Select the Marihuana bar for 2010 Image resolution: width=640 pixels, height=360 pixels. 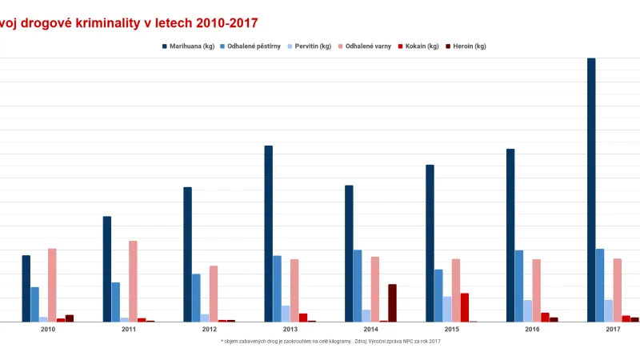[x=26, y=289]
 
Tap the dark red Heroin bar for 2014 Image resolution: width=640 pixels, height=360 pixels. [x=392, y=303]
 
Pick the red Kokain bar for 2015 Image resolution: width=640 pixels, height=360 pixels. [x=465, y=307]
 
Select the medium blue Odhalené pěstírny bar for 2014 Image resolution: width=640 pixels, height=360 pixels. [x=358, y=286]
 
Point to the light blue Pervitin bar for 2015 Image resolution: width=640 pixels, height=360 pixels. [x=447, y=309]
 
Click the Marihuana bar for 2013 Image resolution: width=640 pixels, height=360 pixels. [x=269, y=234]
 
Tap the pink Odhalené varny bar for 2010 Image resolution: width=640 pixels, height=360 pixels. [x=52, y=285]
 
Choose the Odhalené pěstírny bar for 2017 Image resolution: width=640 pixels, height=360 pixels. [x=600, y=285]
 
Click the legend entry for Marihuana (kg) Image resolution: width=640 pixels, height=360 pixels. [x=188, y=46]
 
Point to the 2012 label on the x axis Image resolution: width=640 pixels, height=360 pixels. [x=210, y=330]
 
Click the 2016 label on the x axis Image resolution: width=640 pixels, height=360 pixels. [x=532, y=330]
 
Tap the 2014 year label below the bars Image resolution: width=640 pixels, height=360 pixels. [x=371, y=330]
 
